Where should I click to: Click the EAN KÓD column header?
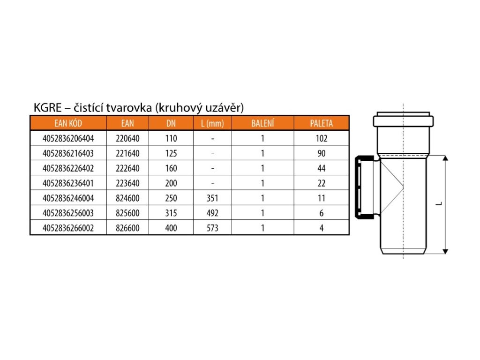(x=68, y=123)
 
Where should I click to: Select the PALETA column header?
(x=321, y=123)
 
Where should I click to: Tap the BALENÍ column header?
(x=262, y=123)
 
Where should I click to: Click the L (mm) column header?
(x=213, y=123)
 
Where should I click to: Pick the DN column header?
(x=171, y=123)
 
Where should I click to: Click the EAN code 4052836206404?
(x=68, y=138)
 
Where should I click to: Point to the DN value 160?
(x=171, y=168)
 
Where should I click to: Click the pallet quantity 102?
(x=321, y=138)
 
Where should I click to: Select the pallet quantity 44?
(x=321, y=168)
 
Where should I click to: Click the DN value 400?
(x=171, y=228)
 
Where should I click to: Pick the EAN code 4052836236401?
(x=68, y=183)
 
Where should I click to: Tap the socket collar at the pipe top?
(x=403, y=120)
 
